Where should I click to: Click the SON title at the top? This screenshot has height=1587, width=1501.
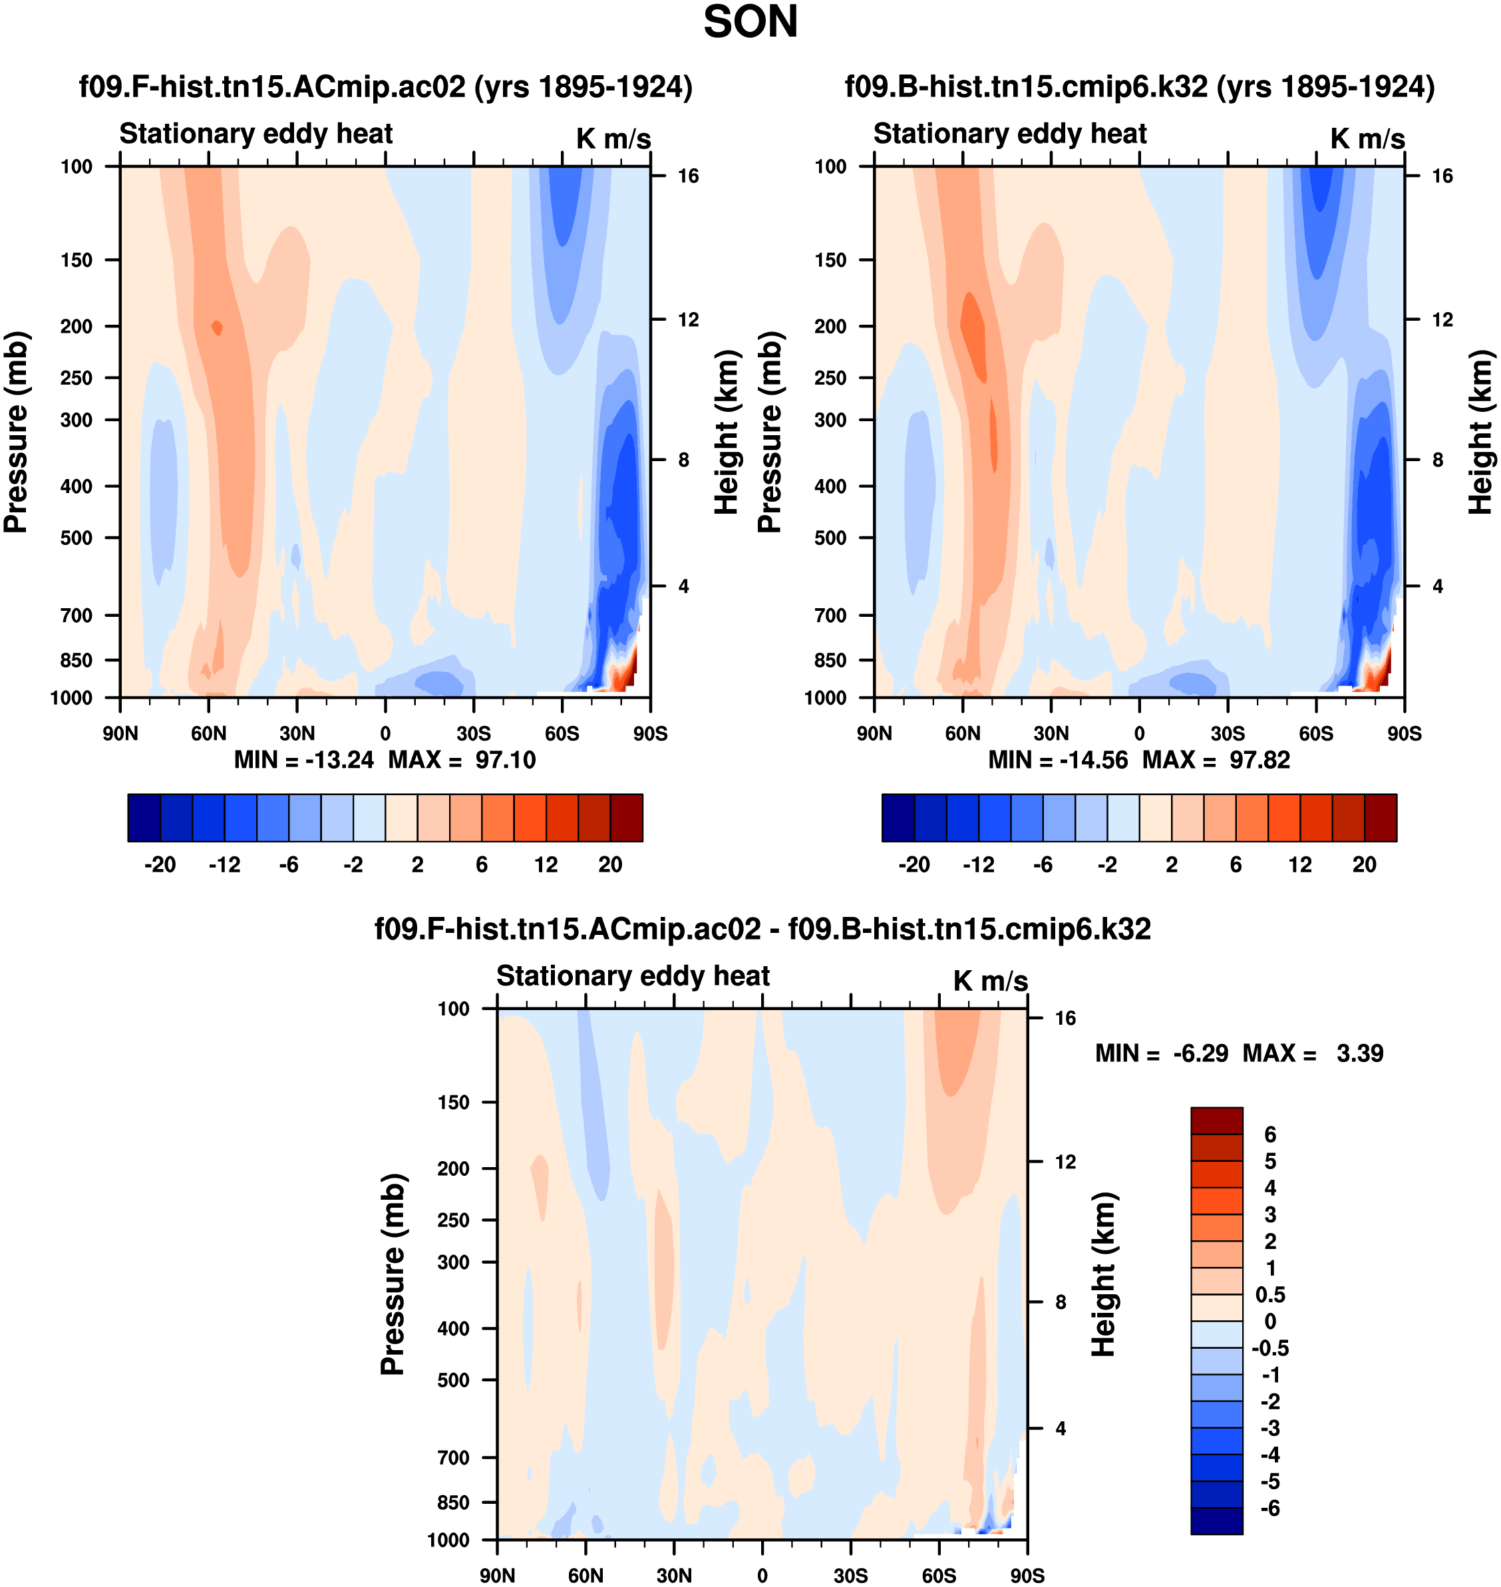(750, 23)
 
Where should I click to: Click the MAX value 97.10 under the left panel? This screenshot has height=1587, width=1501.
(505, 759)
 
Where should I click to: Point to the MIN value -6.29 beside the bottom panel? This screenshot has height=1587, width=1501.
(1200, 1053)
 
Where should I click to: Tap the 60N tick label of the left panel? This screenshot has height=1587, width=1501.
(209, 733)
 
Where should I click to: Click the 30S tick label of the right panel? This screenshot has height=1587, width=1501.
(1228, 733)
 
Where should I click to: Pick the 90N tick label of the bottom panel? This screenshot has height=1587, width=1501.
(497, 1575)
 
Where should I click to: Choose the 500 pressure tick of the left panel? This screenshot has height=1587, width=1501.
(77, 538)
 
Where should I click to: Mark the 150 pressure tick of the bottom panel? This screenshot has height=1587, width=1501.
(454, 1102)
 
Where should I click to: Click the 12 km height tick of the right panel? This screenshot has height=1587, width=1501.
(1442, 319)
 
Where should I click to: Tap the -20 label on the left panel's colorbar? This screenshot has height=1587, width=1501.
(160, 865)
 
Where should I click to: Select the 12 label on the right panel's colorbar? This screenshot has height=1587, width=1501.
(1300, 865)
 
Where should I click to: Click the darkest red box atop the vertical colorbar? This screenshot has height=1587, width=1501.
(1216, 1121)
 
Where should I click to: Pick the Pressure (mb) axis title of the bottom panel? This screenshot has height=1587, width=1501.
(393, 1274)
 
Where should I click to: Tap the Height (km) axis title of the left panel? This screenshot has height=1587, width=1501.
(726, 432)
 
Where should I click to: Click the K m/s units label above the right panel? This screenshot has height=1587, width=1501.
(1367, 139)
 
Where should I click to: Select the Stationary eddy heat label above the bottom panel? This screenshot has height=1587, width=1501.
(633, 975)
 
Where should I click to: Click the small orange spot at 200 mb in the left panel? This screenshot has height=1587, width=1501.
(217, 327)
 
